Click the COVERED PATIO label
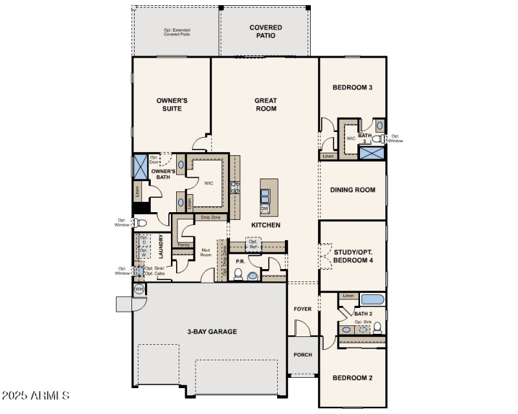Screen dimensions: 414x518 (265, 31)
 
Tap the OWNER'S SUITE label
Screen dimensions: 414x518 (172, 104)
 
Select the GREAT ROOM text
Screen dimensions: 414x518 (265, 104)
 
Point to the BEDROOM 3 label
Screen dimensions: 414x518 (352, 87)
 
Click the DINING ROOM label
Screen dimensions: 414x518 (353, 190)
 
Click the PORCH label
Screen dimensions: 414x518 (302, 354)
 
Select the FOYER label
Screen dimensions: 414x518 (302, 309)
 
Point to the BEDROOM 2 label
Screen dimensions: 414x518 (352, 378)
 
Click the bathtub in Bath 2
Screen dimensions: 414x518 (372, 300)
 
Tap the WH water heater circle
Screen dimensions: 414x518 (139, 289)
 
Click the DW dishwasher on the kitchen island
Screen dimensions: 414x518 (265, 209)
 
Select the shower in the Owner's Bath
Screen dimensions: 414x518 (140, 166)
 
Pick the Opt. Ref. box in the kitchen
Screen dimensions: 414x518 (253, 244)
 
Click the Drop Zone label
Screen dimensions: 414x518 (211, 218)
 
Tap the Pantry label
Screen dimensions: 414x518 (184, 245)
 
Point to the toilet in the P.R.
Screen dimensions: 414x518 (238, 275)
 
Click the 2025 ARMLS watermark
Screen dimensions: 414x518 (36, 395)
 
